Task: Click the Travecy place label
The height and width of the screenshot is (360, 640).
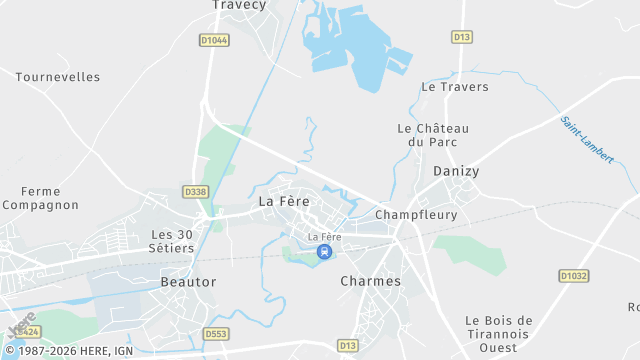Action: tap(240, 5)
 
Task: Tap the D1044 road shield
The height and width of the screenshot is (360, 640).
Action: tap(213, 40)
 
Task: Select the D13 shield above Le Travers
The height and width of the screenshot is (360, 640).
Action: tap(461, 37)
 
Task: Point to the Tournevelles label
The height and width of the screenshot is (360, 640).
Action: tap(57, 76)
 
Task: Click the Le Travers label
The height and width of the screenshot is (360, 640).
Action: tap(455, 87)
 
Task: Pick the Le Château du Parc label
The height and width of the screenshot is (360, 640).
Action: tap(433, 135)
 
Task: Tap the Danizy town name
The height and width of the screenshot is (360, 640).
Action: tap(456, 171)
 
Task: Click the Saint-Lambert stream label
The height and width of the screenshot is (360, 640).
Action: tap(587, 140)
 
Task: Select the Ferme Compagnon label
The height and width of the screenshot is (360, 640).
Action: tap(40, 198)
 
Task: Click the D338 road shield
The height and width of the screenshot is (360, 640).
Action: tap(196, 190)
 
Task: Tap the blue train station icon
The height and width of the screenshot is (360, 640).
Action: tap(324, 252)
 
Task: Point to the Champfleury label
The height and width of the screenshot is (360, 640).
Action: tap(416, 215)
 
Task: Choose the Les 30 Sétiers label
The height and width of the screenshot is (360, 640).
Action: tap(171, 240)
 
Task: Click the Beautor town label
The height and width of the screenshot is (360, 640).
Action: tap(188, 282)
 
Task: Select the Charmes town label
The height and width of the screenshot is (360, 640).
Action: tap(370, 281)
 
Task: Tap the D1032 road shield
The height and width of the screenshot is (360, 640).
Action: tap(573, 275)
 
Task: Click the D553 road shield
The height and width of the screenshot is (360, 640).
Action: tap(216, 334)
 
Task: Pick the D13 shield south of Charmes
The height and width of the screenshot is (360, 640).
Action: tap(347, 345)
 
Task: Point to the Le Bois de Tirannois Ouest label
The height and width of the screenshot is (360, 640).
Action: tap(499, 334)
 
